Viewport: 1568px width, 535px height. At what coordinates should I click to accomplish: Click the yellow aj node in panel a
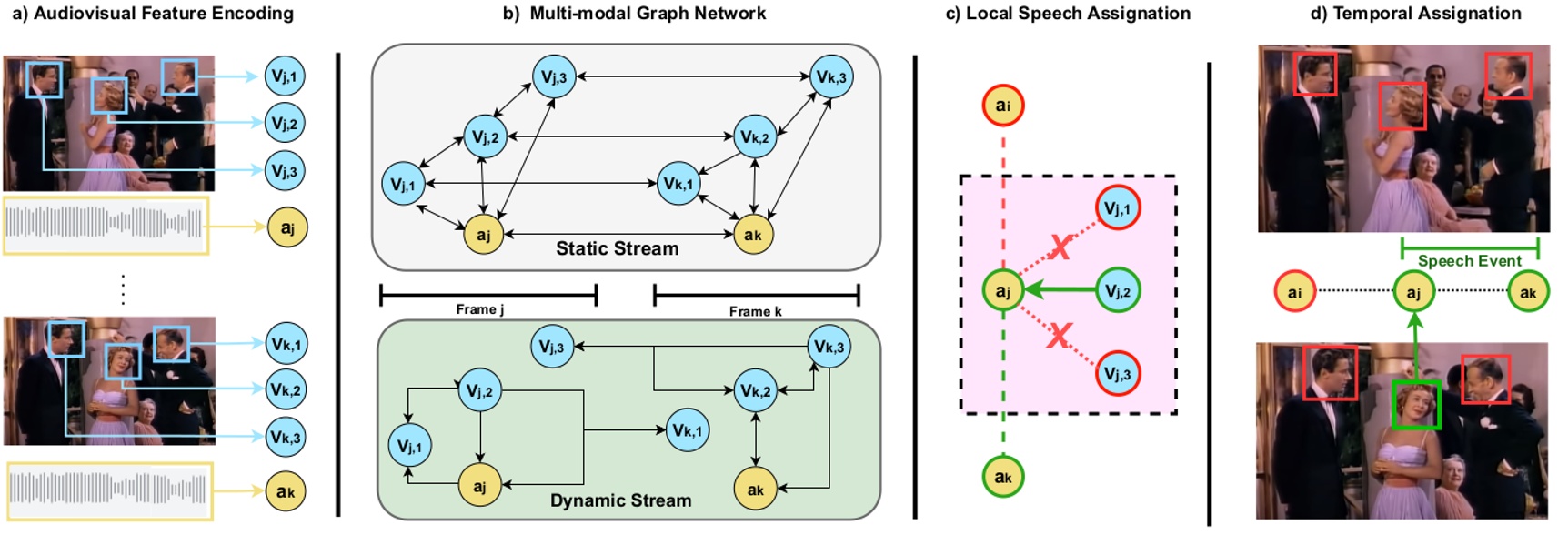287,227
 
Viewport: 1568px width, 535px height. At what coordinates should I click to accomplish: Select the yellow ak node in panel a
286,491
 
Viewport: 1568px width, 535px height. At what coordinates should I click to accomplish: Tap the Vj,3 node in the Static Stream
554,76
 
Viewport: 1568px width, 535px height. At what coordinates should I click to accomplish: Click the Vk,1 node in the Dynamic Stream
688,430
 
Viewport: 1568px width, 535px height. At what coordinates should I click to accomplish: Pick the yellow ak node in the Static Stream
753,235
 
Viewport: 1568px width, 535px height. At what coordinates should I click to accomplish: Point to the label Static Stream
617,248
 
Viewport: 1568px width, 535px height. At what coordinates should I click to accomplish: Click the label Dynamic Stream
620,500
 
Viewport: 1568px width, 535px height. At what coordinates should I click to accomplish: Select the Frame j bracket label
480,309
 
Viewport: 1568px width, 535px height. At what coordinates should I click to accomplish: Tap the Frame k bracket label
755,311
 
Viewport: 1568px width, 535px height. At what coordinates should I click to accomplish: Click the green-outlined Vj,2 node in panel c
1118,290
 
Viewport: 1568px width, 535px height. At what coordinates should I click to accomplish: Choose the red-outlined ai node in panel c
1003,105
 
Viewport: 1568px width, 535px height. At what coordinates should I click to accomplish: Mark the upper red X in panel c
1060,247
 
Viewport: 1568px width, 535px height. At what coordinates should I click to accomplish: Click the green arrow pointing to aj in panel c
1060,291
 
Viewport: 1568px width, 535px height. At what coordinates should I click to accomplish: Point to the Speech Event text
1469,261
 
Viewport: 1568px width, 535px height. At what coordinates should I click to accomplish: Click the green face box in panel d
1416,404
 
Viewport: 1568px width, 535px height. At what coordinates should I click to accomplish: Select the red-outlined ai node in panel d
1294,292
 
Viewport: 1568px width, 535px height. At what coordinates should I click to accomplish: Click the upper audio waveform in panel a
106,225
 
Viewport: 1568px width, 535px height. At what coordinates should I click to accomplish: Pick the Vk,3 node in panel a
286,437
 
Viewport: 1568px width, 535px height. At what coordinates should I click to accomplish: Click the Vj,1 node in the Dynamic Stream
410,446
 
